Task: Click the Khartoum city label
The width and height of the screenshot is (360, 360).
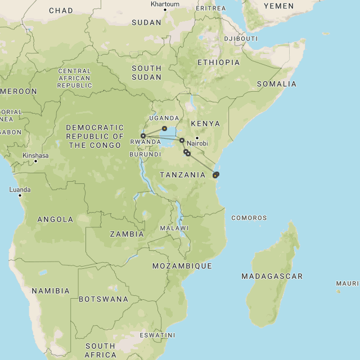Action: [165, 4]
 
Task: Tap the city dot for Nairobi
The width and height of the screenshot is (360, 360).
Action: [197, 138]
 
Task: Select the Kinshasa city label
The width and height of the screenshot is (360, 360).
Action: [35, 156]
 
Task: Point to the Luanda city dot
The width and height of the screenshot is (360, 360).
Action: [20, 195]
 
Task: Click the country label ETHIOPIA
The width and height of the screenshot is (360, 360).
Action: [218, 62]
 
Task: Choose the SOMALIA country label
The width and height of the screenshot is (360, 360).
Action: [276, 84]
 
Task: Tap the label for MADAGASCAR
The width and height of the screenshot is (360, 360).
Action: [272, 276]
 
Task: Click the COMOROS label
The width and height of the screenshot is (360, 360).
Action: [249, 218]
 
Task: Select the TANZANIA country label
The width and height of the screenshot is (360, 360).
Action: [182, 175]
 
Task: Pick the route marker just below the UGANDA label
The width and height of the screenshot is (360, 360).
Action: [164, 129]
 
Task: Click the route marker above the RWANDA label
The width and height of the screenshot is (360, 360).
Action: [143, 136]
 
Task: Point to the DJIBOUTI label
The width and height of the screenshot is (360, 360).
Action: [241, 39]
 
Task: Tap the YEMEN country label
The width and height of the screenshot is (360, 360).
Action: [278, 6]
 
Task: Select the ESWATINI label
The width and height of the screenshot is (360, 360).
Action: [157, 335]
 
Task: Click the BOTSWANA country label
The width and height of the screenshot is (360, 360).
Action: [103, 299]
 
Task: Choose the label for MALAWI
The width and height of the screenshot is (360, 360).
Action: [174, 228]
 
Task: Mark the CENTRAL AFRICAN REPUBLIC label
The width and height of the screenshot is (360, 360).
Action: [74, 78]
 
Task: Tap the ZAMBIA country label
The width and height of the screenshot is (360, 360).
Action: [127, 234]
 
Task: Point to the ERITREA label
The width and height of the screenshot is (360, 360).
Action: [210, 8]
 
